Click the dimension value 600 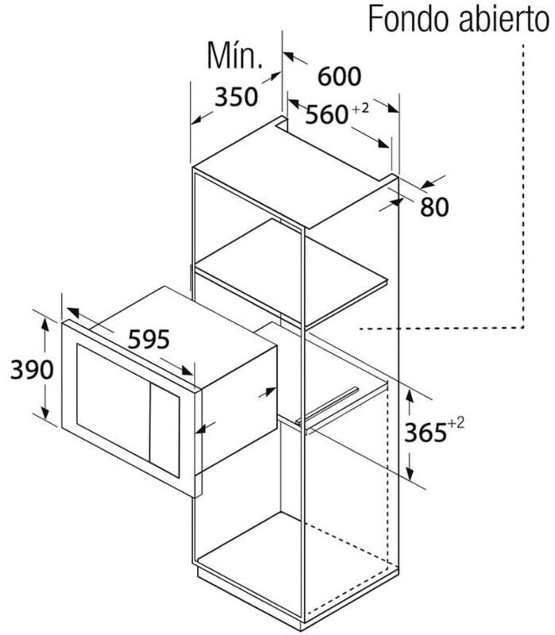pyautogui.click(x=339, y=76)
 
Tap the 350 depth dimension pyautogui.click(x=236, y=97)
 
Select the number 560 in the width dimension pyautogui.click(x=326, y=114)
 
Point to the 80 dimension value pyautogui.click(x=434, y=207)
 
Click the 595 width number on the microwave pyautogui.click(x=148, y=340)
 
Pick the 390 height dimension pyautogui.click(x=32, y=369)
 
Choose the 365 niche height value pyautogui.click(x=425, y=432)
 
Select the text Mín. pyautogui.click(x=234, y=56)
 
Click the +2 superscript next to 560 pyautogui.click(x=360, y=109)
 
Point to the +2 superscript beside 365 pyautogui.click(x=456, y=424)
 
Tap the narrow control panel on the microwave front pyautogui.click(x=164, y=429)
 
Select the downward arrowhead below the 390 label pyautogui.click(x=45, y=414)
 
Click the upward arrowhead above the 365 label pyautogui.click(x=410, y=394)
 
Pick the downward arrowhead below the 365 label pyautogui.click(x=410, y=474)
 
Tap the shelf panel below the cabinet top pyautogui.click(x=291, y=272)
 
